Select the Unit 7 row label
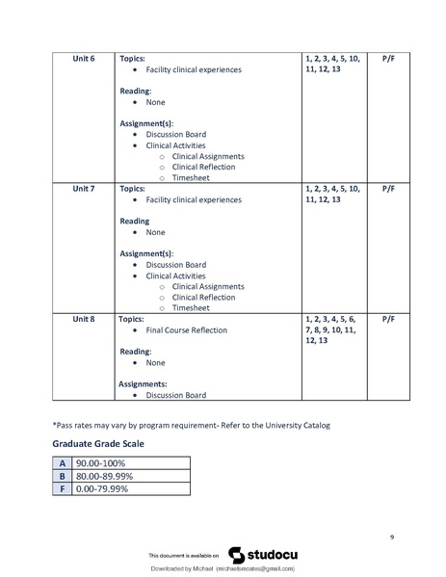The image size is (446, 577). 84,188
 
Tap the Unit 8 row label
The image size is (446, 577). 84,318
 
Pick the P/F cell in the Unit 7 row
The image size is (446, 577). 388,188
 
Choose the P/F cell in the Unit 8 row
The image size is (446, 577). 388,318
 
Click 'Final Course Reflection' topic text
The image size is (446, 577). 187,330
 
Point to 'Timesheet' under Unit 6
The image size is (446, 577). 191,178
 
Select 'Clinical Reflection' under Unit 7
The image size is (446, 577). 203,298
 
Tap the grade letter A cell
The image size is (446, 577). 62,463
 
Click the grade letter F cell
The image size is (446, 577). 62,488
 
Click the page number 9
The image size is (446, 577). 392,536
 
